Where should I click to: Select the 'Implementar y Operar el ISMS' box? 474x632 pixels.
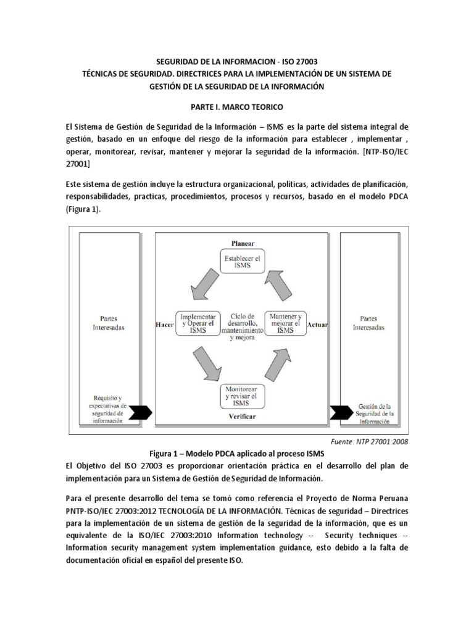[x=197, y=323]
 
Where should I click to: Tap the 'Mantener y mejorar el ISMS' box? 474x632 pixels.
[x=286, y=323]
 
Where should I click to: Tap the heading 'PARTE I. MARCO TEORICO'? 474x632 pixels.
[x=236, y=107]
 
